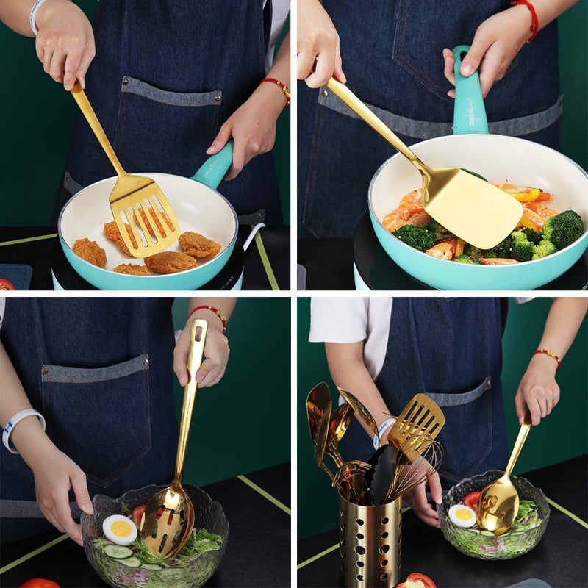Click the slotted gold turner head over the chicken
[146, 214]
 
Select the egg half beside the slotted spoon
[119, 528]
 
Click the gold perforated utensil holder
[370, 540]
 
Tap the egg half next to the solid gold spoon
[462, 515]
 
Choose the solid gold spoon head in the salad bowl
[498, 505]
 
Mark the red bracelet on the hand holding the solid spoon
[548, 356]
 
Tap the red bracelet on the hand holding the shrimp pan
[527, 15]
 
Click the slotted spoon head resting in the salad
[166, 523]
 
